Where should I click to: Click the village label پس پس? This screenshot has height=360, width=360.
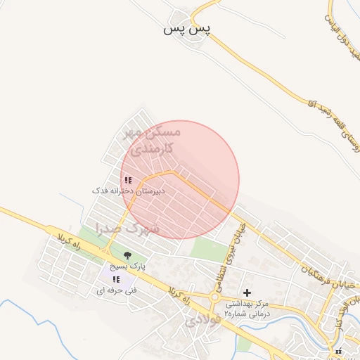(187, 29)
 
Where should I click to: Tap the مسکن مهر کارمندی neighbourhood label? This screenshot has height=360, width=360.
(152, 140)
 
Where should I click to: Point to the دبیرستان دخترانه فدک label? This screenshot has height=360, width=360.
(129, 191)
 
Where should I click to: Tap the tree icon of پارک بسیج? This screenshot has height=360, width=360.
(127, 256)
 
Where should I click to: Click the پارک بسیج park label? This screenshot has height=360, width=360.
(127, 267)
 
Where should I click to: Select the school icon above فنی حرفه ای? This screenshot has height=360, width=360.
(116, 280)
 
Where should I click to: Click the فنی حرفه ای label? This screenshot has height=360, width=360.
(116, 290)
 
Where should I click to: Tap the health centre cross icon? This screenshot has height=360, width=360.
(247, 292)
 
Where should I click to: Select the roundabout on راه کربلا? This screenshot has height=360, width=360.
(214, 297)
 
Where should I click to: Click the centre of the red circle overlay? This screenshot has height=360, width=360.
(180, 180)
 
